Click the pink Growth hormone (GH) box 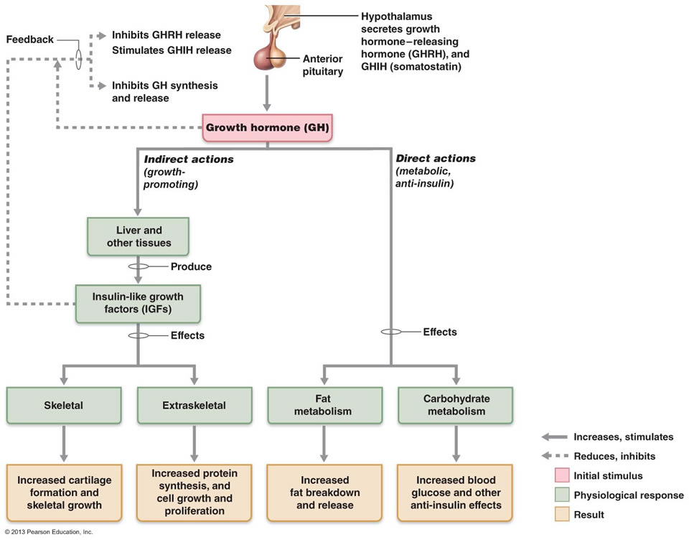267,128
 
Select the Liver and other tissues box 138,236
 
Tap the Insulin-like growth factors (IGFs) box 138,304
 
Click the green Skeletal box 64,406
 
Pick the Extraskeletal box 194,406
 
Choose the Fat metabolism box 324,406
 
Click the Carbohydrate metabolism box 456,406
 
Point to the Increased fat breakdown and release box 324,492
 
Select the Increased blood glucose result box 455,492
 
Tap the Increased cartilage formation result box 64,492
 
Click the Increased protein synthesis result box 194,492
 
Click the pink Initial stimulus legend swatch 562,476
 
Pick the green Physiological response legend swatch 562,495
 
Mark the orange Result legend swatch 562,514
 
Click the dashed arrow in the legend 555,456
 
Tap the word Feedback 30,39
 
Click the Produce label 191,266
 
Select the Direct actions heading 436,158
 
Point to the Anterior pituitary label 322,65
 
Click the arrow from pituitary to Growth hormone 267,93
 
